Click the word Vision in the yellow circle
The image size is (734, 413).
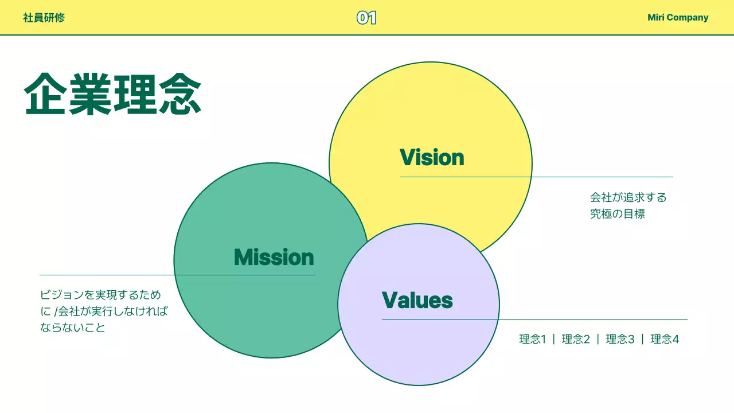432,157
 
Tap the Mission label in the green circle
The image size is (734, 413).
274,257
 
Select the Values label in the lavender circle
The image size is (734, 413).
417,300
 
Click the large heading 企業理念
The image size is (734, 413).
113,94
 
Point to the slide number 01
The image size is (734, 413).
366,18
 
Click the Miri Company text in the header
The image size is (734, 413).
678,17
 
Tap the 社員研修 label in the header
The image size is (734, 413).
44,17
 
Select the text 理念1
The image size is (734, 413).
533,339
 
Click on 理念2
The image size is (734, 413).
576,339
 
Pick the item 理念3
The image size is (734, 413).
620,339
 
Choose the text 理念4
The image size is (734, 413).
665,339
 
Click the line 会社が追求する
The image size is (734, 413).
628,198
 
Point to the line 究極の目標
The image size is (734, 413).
618,214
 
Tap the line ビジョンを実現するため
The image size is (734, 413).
101,295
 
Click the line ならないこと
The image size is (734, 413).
73,328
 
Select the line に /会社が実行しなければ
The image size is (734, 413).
104,311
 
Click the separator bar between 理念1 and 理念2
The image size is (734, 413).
554,339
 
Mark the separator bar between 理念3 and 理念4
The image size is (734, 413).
643,339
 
